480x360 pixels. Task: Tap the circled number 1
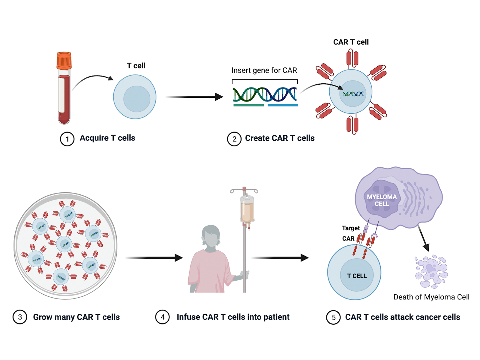[x=67, y=139]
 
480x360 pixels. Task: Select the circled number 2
[x=234, y=139]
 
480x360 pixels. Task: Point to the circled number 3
[x=20, y=317]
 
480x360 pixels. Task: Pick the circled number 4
[x=162, y=317]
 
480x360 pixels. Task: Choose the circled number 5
[x=333, y=317]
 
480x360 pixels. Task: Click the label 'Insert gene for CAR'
[x=264, y=70]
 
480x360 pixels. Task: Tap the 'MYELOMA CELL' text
[x=382, y=200]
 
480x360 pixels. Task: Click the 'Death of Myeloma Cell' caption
[x=431, y=297]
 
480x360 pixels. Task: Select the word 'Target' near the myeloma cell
[x=351, y=228]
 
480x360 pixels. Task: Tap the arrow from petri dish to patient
[x=154, y=258]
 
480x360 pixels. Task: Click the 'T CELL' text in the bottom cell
[x=357, y=276]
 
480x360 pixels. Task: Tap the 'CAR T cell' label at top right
[x=351, y=42]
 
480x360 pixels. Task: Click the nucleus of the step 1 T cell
[x=137, y=99]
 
